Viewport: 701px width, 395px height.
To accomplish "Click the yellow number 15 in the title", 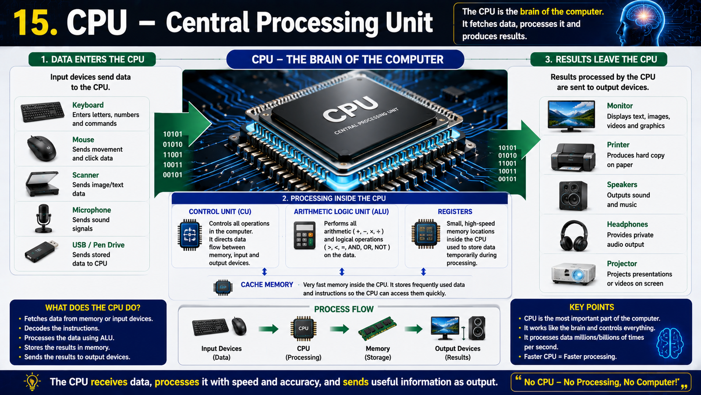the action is pos(35,22).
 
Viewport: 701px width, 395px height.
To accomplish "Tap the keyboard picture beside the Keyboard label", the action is pos(42,111).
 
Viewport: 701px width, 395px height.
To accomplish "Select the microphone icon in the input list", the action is pos(43,219).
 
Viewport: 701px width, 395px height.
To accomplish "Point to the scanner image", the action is pos(42,184).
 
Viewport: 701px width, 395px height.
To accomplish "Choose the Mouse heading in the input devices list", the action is pos(83,140).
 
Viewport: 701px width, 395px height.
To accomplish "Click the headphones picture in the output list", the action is pos(574,235).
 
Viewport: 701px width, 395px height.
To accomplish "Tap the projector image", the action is pos(574,274).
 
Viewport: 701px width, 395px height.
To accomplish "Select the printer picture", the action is pos(573,157).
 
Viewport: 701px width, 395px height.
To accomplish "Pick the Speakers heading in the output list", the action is pos(622,185).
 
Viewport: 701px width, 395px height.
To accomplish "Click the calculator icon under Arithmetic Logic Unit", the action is pos(304,235).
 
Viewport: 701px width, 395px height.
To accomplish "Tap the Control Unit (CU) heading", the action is pos(220,212).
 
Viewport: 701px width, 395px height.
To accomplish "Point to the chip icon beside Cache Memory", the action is pos(223,287).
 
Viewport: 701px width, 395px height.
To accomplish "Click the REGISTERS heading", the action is pos(455,212).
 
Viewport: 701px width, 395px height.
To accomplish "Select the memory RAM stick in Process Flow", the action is pos(377,328).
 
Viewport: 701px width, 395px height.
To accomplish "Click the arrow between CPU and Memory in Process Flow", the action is pos(339,329).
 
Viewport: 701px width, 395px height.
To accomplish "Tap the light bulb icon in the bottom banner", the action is pos(32,381).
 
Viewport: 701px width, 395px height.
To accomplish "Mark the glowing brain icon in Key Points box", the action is pos(670,343).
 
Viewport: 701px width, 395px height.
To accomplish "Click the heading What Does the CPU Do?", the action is pos(92,308).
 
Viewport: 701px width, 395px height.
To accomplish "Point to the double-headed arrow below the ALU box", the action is pos(342,272).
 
